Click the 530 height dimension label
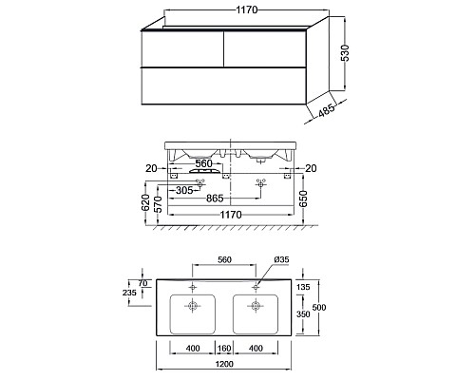pos(346,52)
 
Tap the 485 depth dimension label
pos(326,109)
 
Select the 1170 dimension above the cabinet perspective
pos(247,9)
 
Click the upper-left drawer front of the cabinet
pos(182,49)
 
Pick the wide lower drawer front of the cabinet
pos(223,85)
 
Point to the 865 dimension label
pos(215,199)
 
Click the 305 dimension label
pos(184,190)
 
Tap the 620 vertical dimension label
pos(145,202)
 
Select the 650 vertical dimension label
pos(303,199)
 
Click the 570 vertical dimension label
pos(158,204)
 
